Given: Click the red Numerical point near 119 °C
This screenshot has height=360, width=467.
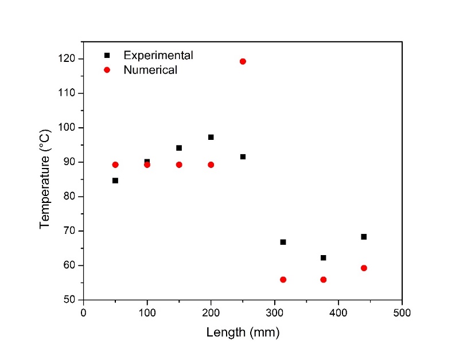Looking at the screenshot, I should coord(243,61).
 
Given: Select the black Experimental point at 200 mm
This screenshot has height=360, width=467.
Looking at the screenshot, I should coord(211,137).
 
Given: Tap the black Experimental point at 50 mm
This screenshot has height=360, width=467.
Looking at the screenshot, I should coord(115,181).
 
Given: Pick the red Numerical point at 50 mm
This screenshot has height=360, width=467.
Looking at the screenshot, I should coord(115,165).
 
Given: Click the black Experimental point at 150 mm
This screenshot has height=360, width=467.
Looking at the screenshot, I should coord(179,148).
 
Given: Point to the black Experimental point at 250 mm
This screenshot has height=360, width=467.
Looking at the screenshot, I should coord(243,156).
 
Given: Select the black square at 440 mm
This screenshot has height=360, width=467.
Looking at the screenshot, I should coord(364,237).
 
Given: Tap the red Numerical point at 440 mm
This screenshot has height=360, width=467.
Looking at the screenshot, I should coord(364,268).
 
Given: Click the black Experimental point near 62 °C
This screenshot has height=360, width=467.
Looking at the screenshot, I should coord(324,258).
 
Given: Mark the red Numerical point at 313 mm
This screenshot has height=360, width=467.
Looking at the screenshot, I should coord(283,280).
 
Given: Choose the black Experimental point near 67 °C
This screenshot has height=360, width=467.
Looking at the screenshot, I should coord(283,242).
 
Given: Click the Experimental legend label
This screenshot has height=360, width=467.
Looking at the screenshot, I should coord(158,56).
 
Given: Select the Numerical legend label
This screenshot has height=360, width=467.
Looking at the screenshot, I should coord(150,71).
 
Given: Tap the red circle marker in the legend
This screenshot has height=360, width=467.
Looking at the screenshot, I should coord(106,70).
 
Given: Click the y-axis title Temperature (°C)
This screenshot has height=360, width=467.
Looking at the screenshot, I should coord(45,178).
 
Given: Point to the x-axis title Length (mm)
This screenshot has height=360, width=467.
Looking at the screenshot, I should coord(243,332).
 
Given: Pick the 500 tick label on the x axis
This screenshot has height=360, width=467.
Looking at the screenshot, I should coord(402,312).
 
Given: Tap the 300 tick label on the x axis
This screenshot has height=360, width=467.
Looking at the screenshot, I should coord(274,312).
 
